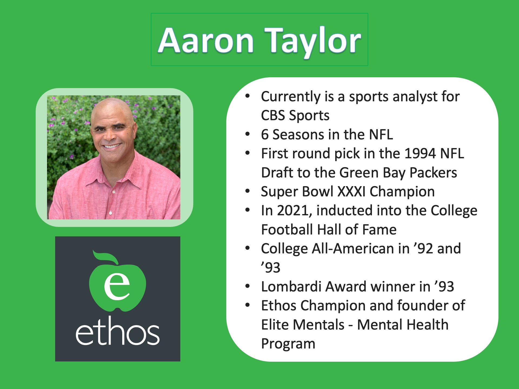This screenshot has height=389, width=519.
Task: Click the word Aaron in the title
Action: click(206, 41)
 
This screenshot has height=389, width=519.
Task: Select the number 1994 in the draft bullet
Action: click(420, 153)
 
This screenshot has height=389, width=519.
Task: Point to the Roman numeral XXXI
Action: click(351, 192)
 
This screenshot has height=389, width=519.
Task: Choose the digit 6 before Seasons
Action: click(265, 135)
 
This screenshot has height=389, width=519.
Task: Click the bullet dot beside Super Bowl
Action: click(247, 191)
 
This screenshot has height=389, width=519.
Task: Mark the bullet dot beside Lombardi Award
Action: click(247, 286)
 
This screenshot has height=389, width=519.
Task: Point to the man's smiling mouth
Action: click(112, 146)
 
